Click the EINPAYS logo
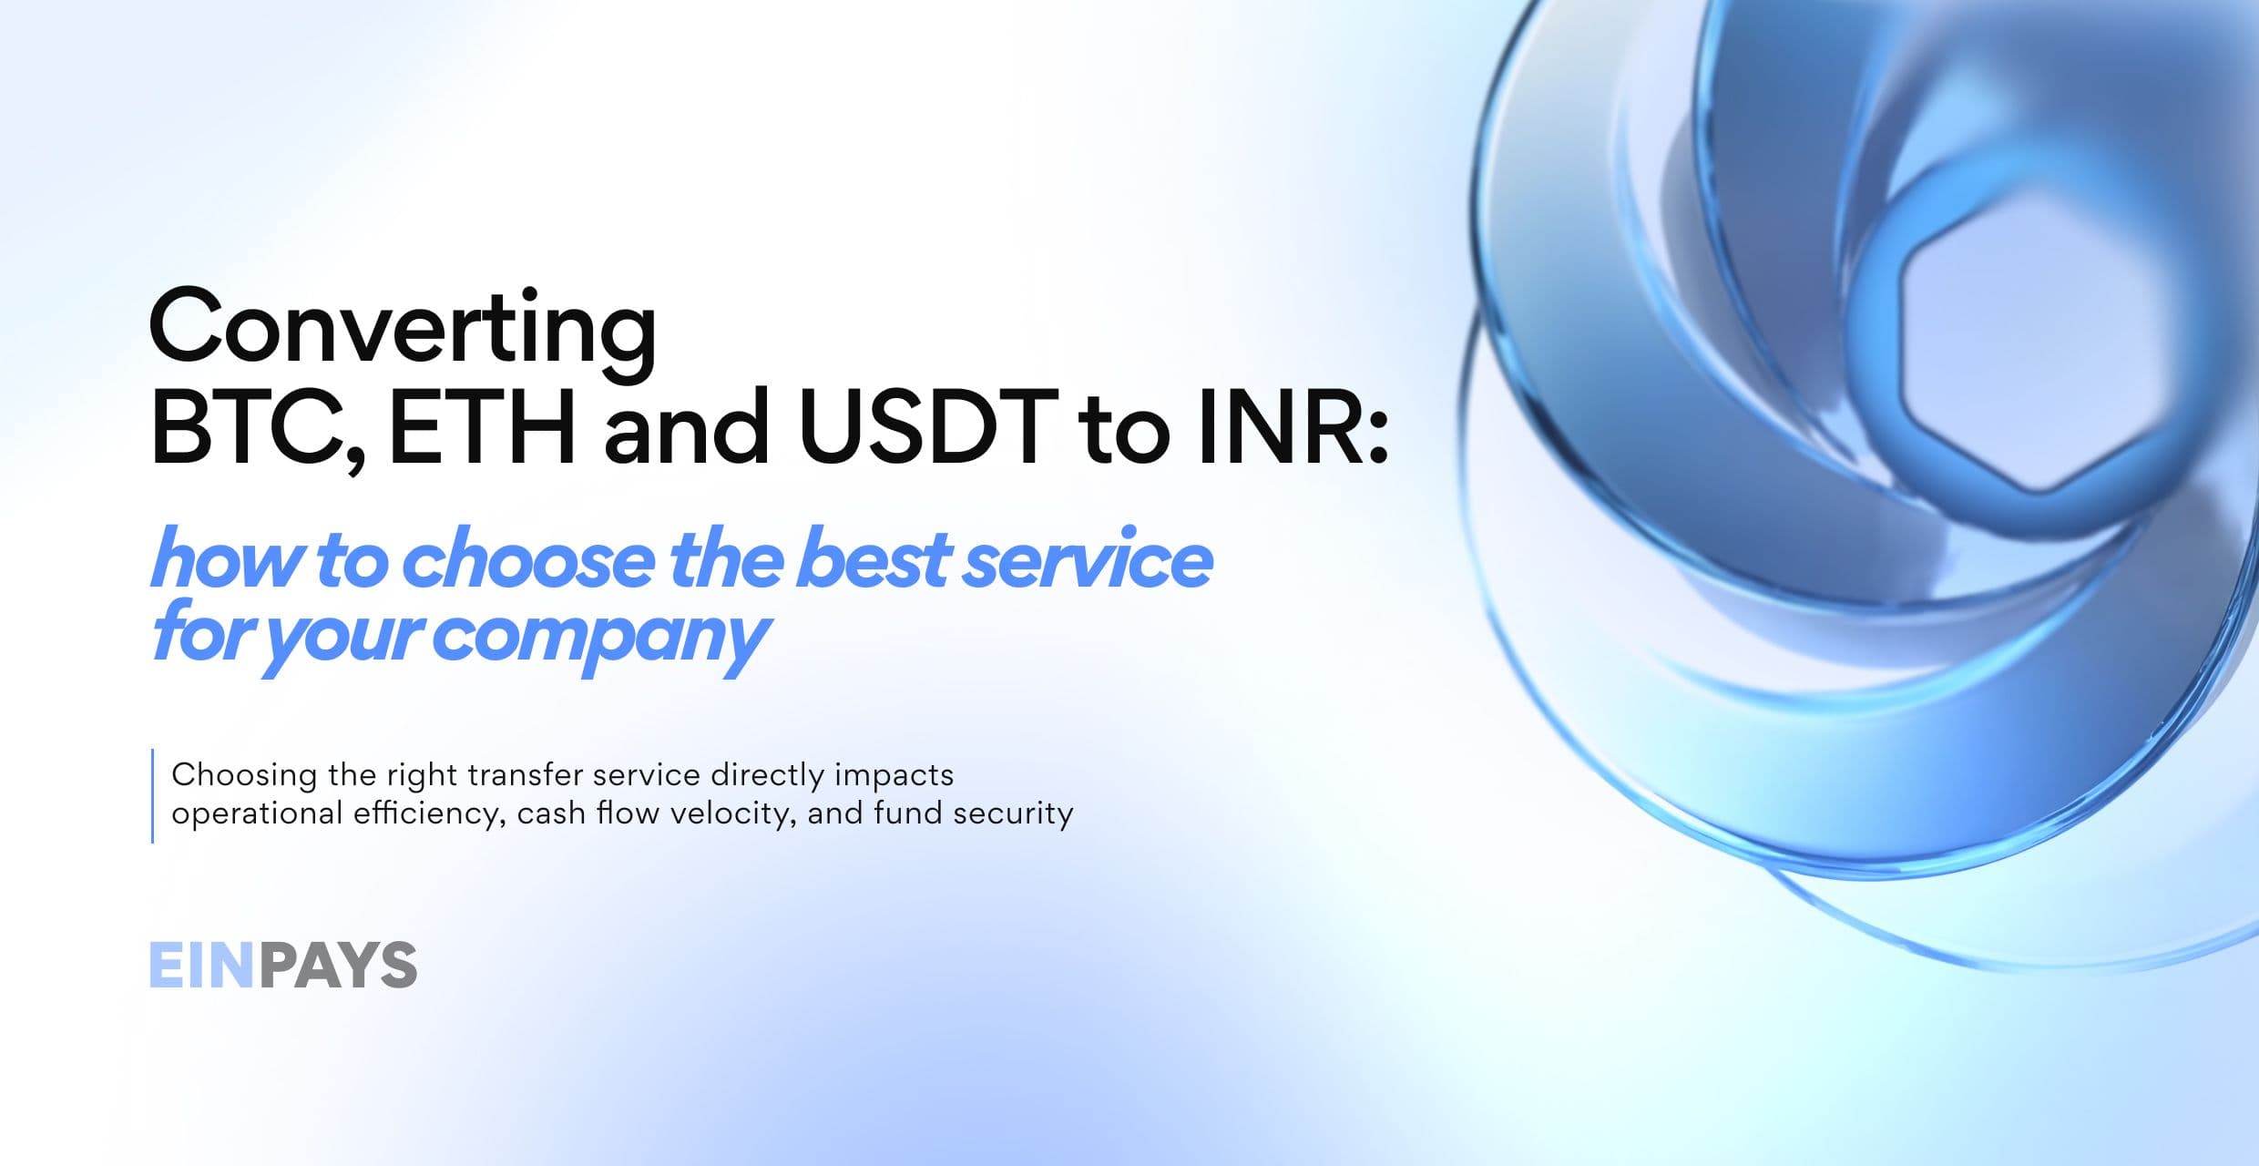(x=283, y=965)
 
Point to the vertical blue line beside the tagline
(x=152, y=795)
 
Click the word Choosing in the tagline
(x=244, y=776)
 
